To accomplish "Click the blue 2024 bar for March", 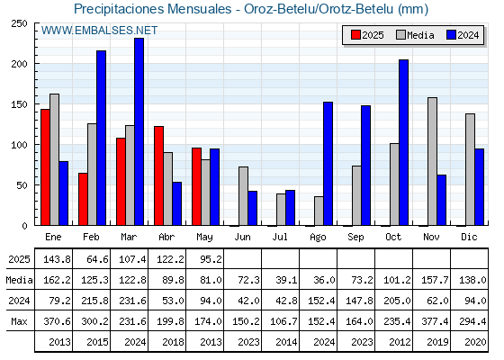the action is click(x=139, y=131).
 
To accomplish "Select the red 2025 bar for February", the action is click(x=83, y=199).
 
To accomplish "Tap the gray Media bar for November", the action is click(x=432, y=161).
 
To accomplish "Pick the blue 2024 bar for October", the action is click(x=404, y=142).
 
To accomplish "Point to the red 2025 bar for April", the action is click(x=158, y=175).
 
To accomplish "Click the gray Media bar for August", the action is click(x=319, y=211).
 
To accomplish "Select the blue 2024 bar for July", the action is click(x=290, y=208).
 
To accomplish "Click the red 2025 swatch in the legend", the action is click(x=355, y=35).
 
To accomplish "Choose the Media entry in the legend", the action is click(x=415, y=35).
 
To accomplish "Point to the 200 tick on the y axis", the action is click(x=36, y=64).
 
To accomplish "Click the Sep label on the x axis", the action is click(x=355, y=238).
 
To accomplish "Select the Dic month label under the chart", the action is click(x=469, y=237).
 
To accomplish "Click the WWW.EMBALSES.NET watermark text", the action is click(x=99, y=31).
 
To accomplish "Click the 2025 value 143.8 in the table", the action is click(x=57, y=259).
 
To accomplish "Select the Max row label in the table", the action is click(x=19, y=321).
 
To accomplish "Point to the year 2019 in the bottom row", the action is click(x=437, y=342).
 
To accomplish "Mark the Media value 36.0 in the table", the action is click(x=324, y=280).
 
